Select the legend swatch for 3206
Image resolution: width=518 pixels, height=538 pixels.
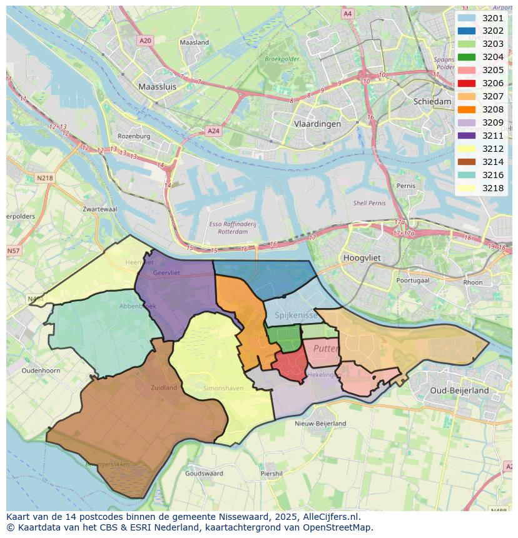(x=466, y=83)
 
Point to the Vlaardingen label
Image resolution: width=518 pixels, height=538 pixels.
(x=317, y=124)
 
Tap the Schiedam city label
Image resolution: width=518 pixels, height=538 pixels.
(x=432, y=101)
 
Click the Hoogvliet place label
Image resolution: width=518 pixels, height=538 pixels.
(x=362, y=257)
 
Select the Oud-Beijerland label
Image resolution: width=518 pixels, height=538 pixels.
(x=460, y=391)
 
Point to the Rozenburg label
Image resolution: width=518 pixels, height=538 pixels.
(x=134, y=136)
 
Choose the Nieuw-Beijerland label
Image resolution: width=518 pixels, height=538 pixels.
(x=320, y=423)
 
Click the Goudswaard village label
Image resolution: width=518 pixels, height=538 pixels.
(x=204, y=474)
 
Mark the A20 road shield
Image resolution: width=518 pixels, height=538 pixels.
(x=145, y=41)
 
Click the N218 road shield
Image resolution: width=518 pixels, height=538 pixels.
(x=45, y=178)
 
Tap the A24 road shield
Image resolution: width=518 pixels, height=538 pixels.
(x=213, y=131)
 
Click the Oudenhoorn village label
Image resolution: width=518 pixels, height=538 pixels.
(x=41, y=371)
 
